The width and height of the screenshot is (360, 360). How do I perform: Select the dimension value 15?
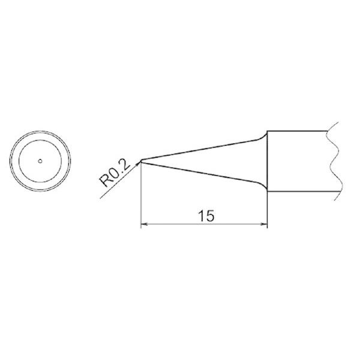(x=205, y=216)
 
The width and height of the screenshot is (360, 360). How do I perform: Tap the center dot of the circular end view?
(x=40, y=161)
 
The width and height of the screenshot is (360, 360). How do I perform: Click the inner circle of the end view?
(x=40, y=139)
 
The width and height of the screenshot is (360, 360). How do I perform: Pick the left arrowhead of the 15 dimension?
(x=143, y=226)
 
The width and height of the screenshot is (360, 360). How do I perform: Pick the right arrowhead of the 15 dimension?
(x=263, y=226)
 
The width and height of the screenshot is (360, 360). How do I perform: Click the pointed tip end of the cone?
(x=140, y=160)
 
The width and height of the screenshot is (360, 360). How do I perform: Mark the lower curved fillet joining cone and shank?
(x=262, y=184)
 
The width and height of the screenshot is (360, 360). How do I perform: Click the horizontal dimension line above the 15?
(x=180, y=226)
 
